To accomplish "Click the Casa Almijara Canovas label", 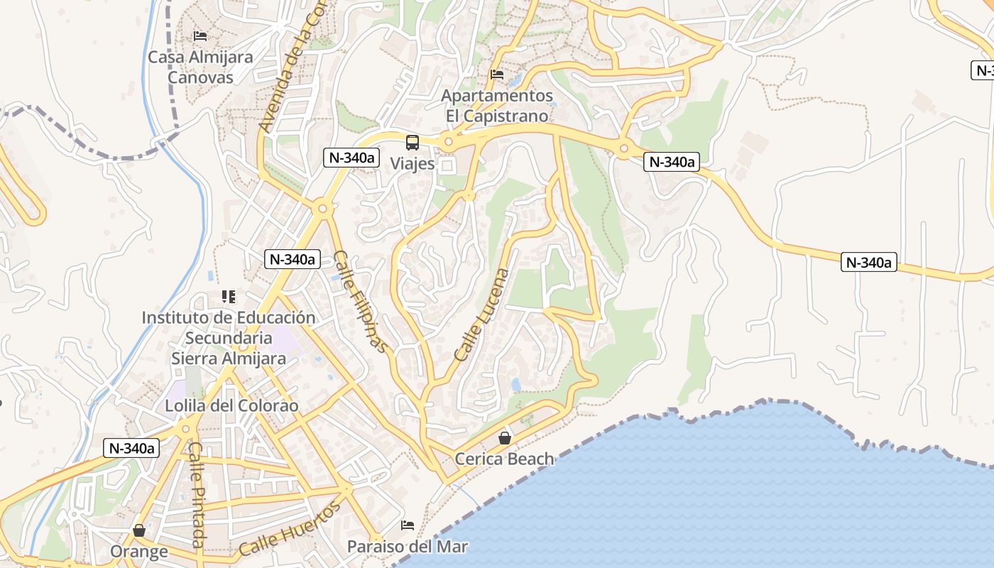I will pyautogui.click(x=200, y=67).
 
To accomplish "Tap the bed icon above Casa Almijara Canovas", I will pyautogui.click(x=200, y=35).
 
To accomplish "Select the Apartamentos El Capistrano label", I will pyautogui.click(x=497, y=105).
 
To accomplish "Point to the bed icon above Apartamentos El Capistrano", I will pyautogui.click(x=497, y=74).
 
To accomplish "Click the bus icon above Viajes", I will pyautogui.click(x=413, y=142).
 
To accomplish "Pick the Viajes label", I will pyautogui.click(x=413, y=163).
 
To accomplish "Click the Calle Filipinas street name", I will pyautogui.click(x=361, y=301).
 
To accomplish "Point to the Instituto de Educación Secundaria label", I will pyautogui.click(x=229, y=337).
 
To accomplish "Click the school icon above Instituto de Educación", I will pyautogui.click(x=228, y=296).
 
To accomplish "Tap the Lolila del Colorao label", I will pyautogui.click(x=231, y=406).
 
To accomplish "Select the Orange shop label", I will pyautogui.click(x=139, y=551).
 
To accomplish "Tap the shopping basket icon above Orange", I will pyautogui.click(x=139, y=530).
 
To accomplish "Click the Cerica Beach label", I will pyautogui.click(x=504, y=459).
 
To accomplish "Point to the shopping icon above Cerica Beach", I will pyautogui.click(x=505, y=438).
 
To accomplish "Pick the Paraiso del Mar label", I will pyautogui.click(x=408, y=547).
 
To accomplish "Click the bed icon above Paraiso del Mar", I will pyautogui.click(x=408, y=525).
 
